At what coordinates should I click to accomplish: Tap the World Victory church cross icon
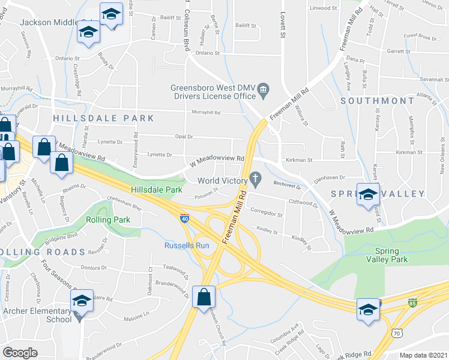(x=255, y=178)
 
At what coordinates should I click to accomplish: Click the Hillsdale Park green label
(x=157, y=190)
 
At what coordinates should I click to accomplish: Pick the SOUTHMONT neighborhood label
(x=378, y=101)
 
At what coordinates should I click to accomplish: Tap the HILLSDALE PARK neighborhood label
(x=103, y=118)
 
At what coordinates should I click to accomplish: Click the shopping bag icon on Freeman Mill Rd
(x=203, y=296)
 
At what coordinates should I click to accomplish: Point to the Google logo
(x=20, y=352)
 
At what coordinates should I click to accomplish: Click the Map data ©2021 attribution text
(x=423, y=355)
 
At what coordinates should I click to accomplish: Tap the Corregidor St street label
(x=266, y=214)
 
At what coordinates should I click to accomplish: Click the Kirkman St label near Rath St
(x=300, y=160)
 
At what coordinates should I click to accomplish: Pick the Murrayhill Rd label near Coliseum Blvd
(x=206, y=112)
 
